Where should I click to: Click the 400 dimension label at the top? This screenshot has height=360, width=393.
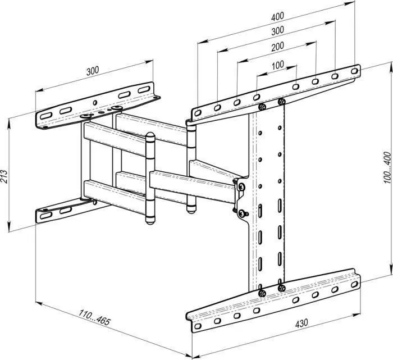click(278, 16)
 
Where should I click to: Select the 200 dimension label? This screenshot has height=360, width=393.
click(278, 47)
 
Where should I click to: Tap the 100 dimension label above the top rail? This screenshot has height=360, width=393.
click(278, 65)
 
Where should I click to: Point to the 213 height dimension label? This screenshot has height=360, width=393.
click(4, 177)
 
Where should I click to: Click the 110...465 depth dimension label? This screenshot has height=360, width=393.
click(94, 317)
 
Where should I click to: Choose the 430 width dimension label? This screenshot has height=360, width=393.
click(301, 323)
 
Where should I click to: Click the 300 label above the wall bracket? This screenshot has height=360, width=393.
click(93, 71)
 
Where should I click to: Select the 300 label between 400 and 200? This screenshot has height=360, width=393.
click(278, 31)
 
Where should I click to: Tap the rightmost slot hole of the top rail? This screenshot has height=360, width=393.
click(354, 71)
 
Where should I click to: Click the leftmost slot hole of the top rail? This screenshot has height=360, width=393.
click(198, 113)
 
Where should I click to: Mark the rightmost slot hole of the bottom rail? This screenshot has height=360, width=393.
click(354, 284)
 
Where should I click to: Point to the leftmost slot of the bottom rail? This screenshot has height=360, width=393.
click(198, 326)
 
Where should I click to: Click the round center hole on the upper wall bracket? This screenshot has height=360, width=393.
click(95, 103)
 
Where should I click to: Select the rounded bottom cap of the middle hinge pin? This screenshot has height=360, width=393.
click(150, 220)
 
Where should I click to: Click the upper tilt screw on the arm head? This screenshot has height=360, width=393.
click(241, 186)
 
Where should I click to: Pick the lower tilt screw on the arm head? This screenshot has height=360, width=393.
click(242, 213)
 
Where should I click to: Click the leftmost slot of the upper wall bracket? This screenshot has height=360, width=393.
click(46, 116)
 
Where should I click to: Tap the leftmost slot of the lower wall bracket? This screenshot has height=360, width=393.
click(46, 215)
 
